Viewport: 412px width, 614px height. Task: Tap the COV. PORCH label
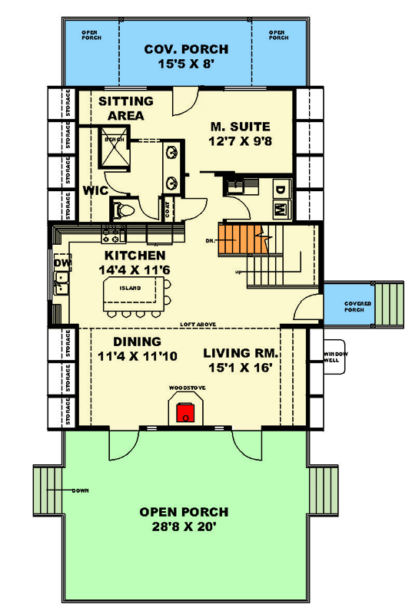point(186,51)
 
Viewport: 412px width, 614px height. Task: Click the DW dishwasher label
point(61,263)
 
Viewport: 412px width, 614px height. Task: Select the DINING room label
point(137,342)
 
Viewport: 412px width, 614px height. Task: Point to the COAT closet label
point(166,208)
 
